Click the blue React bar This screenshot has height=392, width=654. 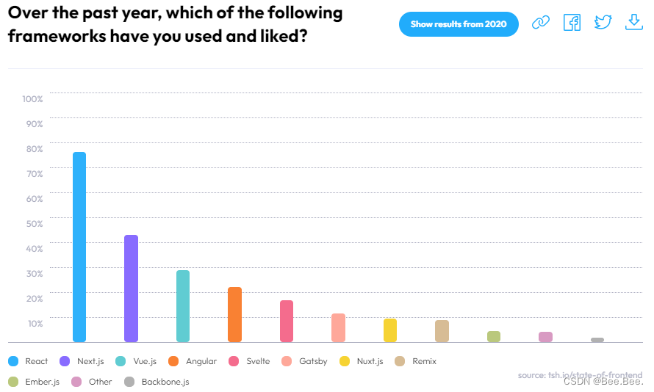pos(79,247)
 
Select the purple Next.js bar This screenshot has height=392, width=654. pos(131,288)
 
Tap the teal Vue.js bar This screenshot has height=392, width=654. pos(183,306)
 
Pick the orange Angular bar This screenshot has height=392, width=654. pos(234,314)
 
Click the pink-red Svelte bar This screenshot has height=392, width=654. pos(287,321)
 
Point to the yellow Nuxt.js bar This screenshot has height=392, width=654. pos(390,330)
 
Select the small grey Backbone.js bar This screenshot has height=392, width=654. pos(597,340)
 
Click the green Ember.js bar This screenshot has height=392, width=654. pos(494,336)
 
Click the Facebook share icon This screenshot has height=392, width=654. pos(572,23)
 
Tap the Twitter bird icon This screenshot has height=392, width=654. pos(603,23)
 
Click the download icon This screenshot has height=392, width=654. pos(633,23)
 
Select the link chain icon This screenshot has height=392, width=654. pos(541,23)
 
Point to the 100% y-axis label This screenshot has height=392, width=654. pos(33,99)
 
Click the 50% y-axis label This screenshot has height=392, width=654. pos(35,223)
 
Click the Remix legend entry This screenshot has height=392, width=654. pos(417,361)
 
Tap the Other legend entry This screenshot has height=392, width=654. pos(93,382)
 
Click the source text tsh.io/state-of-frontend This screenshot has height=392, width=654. pos(580,375)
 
